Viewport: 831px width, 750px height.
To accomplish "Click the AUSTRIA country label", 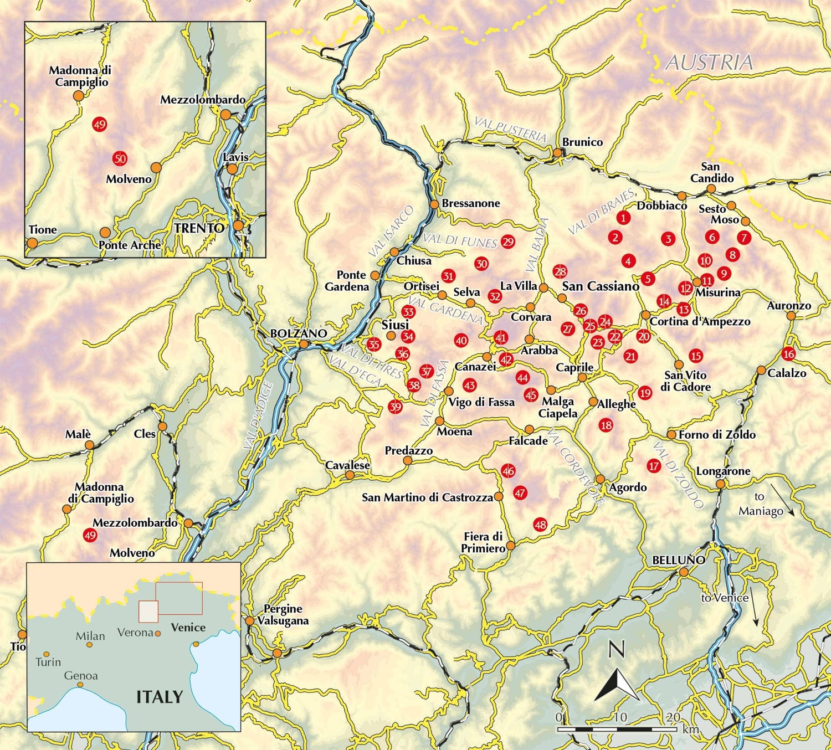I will (709, 62).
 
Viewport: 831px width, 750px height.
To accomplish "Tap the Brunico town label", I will (582, 142).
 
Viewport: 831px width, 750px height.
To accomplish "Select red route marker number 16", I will (788, 353).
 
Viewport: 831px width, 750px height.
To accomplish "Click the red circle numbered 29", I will (507, 242).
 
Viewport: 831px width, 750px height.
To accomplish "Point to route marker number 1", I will (623, 218).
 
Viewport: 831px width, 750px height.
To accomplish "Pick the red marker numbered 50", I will (120, 158).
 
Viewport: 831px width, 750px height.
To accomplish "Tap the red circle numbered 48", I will (540, 524).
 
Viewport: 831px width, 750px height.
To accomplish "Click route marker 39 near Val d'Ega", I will (395, 407).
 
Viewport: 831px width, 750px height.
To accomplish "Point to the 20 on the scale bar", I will (673, 717).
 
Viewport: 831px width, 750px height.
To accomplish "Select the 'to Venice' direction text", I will (725, 598).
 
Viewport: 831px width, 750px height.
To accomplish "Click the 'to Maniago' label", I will (761, 504).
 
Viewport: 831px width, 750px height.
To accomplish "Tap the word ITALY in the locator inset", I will (160, 696).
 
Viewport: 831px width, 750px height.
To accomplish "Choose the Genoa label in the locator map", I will (81, 675).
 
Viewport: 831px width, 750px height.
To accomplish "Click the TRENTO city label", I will (199, 228).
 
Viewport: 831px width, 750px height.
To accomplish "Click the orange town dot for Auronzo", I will (791, 316).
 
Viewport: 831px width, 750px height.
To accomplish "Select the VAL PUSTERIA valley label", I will (510, 129).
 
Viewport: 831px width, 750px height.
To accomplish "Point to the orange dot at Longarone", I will (720, 484).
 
